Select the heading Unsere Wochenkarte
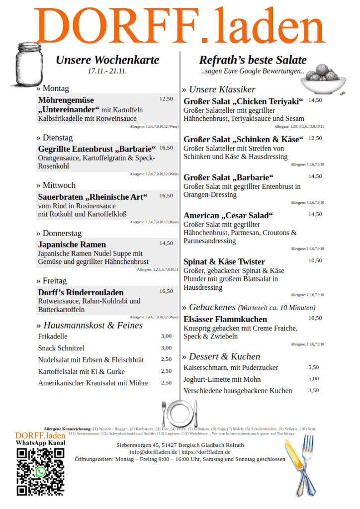pyautogui.click(x=107, y=60)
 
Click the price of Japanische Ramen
pyautogui.click(x=166, y=244)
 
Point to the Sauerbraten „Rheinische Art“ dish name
pyautogui.click(x=93, y=197)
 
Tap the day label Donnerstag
pyautogui.click(x=62, y=233)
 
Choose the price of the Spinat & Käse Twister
pyautogui.click(x=315, y=260)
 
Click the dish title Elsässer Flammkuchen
pyautogui.click(x=225, y=319)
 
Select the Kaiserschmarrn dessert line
pyautogui.click(x=231, y=368)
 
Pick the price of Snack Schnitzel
pyautogui.click(x=166, y=348)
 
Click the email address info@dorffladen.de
pyautogui.click(x=154, y=452)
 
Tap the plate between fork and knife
pyautogui.click(x=180, y=412)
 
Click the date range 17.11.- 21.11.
pyautogui.click(x=107, y=72)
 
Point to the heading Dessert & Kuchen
pyautogui.click(x=224, y=356)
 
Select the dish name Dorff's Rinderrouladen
pyautogui.click(x=81, y=292)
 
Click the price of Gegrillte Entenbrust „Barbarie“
pyautogui.click(x=166, y=148)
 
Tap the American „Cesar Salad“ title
pyautogui.click(x=228, y=216)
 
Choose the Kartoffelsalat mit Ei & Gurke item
pyautogui.click(x=82, y=371)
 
